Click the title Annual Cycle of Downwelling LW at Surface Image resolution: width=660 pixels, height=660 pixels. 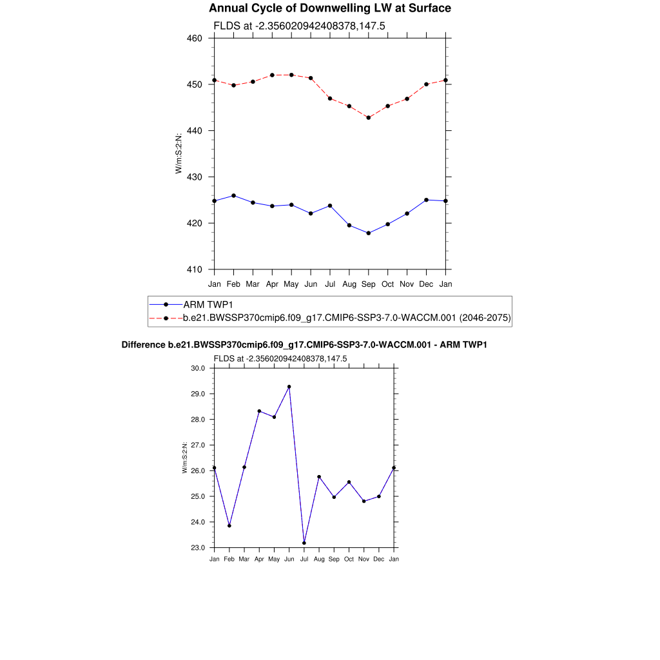coord(330,8)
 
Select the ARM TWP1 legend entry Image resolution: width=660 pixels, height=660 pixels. coord(207,304)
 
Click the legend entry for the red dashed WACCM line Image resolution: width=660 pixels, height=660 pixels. coord(347,318)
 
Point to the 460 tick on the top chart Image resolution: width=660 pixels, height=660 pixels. coord(195,38)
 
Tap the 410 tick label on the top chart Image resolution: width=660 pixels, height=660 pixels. coord(195,269)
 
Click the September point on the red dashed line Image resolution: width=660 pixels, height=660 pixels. coord(369,117)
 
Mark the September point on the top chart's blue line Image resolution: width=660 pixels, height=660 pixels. coord(369,233)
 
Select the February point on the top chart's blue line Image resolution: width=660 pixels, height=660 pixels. coord(233,195)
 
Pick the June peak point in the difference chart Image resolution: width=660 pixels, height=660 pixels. coord(289,387)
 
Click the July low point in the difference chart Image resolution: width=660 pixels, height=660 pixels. coord(304,543)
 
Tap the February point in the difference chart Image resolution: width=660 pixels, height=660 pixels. coord(229,526)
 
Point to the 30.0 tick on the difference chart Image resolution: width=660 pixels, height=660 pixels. coord(197,368)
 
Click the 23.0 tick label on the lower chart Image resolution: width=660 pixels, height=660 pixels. coord(197,548)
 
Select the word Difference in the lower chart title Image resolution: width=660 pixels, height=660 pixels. coord(143,345)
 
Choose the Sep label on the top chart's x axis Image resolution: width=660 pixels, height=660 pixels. coord(369,284)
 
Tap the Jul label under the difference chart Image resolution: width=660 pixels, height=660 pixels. coord(304,559)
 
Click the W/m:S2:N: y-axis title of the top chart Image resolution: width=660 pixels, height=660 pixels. coord(179,153)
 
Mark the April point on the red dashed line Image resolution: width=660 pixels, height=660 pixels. coord(272,75)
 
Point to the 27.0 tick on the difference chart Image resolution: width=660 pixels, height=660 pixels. coord(197,445)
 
